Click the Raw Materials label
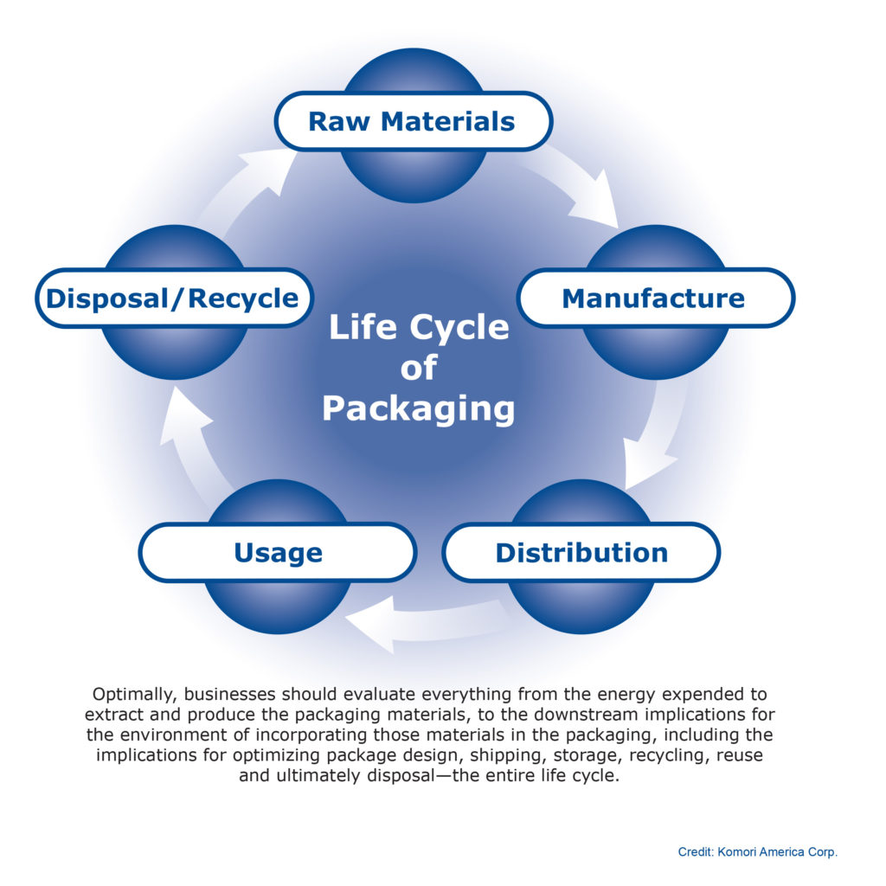tap(413, 121)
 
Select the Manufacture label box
tap(654, 298)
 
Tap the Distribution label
tap(581, 552)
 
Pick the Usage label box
tap(278, 552)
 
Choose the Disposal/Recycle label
tap(173, 298)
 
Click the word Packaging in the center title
tap(419, 408)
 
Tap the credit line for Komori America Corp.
tap(757, 852)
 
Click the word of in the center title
tap(419, 368)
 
